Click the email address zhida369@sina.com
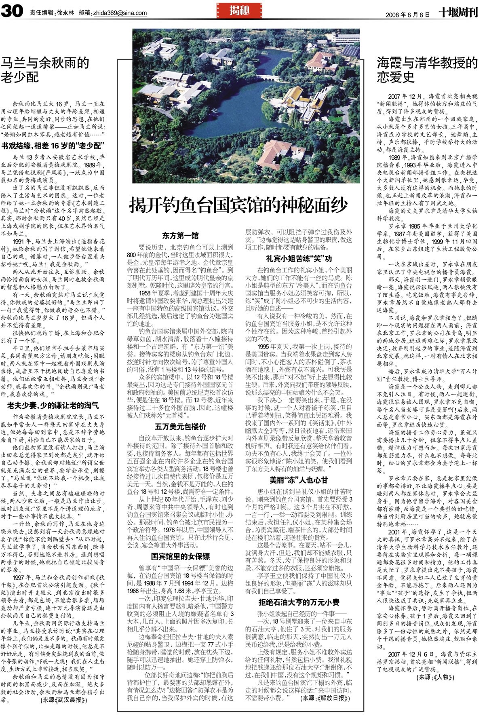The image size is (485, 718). pyautogui.click(x=120, y=13)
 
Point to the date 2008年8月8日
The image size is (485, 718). pyautogui.click(x=407, y=14)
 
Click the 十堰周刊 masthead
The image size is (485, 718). pyautogui.click(x=458, y=13)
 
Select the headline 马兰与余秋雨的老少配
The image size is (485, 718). pyautogui.click(x=45, y=70)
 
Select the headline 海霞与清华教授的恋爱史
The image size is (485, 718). pyautogui.click(x=427, y=70)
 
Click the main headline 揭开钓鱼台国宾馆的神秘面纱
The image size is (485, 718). pyautogui.click(x=238, y=205)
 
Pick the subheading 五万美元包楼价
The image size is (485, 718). pyautogui.click(x=180, y=426)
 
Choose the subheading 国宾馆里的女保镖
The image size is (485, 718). pyautogui.click(x=180, y=556)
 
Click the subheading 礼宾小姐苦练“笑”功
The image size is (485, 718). pyautogui.click(x=299, y=258)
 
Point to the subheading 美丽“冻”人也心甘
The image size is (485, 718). pyautogui.click(x=299, y=480)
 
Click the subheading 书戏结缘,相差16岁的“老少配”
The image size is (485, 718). pyautogui.click(x=53, y=145)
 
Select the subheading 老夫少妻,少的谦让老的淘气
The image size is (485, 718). pyautogui.click(x=53, y=405)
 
